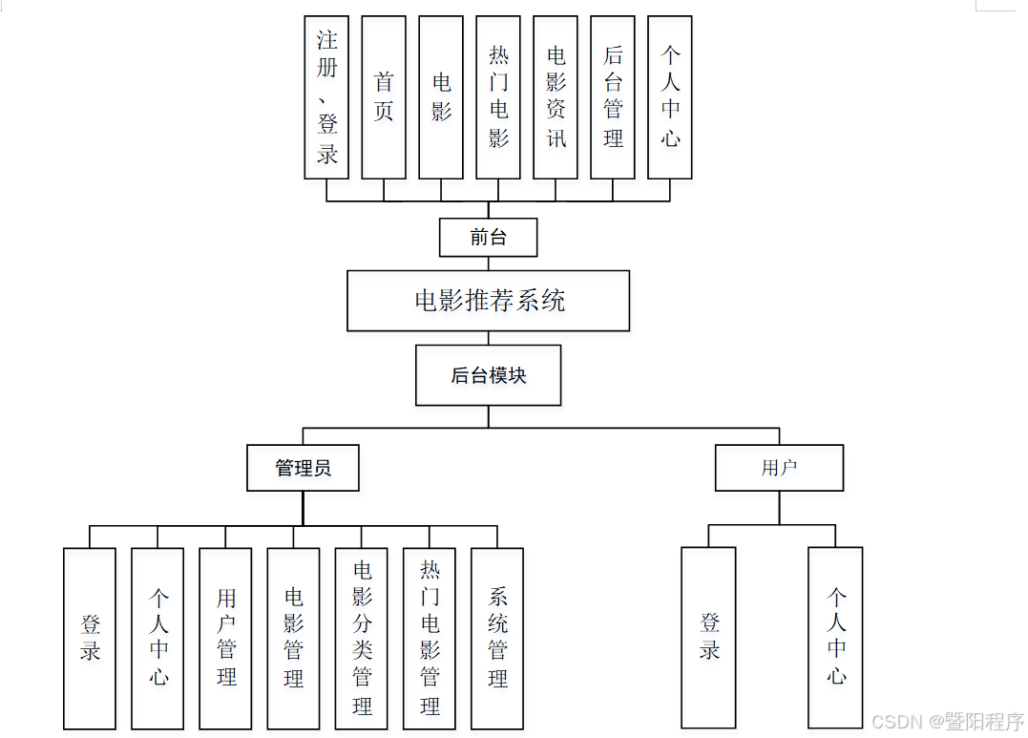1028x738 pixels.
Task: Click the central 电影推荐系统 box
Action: [488, 301]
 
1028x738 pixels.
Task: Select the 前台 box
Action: [488, 238]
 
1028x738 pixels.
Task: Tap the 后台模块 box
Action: [488, 375]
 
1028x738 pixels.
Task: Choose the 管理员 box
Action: [303, 468]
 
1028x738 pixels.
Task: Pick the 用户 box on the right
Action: [779, 468]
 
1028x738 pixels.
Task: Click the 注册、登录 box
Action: [326, 96]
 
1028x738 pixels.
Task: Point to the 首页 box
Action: [384, 96]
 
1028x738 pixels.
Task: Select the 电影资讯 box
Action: [556, 96]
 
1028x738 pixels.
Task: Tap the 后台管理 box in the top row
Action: [613, 96]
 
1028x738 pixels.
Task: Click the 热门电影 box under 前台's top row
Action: [498, 96]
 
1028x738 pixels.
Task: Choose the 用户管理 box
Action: [225, 638]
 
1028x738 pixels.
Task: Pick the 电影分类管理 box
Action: [362, 638]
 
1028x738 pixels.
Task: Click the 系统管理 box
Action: [497, 638]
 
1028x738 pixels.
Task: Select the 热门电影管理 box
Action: [430, 638]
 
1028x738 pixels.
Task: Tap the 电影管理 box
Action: [293, 638]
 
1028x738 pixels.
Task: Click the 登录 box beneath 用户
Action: [708, 637]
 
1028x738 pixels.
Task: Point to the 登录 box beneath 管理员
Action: [90, 638]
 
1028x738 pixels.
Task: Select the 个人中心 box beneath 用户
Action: [835, 637]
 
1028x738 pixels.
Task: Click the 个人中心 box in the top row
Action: [670, 96]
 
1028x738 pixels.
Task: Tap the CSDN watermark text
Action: [948, 720]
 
